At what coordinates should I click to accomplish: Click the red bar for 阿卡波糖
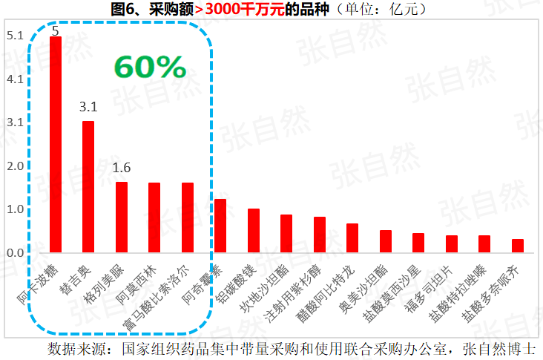[56, 145]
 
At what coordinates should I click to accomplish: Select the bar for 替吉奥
[88, 187]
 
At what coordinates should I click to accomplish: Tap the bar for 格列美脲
[122, 217]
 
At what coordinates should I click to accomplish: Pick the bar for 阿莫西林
[154, 217]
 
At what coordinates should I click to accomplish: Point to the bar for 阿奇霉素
[220, 226]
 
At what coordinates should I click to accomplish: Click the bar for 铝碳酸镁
[254, 231]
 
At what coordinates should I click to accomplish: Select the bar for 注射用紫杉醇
[320, 235]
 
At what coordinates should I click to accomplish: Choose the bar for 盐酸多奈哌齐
[518, 246]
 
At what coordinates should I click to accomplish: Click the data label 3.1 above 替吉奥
[89, 108]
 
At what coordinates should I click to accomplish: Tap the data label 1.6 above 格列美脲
[122, 168]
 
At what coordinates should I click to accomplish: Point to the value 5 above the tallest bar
[55, 31]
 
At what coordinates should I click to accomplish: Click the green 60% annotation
[150, 68]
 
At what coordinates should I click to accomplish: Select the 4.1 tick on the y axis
[15, 79]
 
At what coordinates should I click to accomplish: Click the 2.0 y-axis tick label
[15, 166]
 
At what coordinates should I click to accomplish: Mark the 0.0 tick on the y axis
[15, 253]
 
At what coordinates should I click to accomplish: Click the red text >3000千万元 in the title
[230, 10]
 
